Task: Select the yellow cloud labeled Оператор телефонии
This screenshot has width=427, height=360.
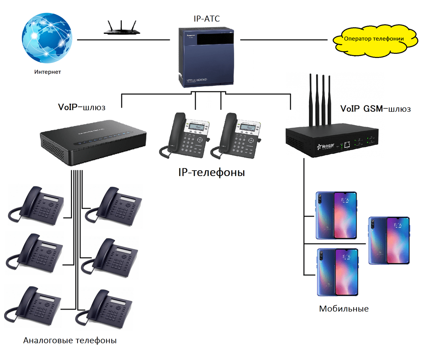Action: click(x=374, y=39)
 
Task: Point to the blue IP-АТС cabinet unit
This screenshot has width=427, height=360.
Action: click(x=206, y=56)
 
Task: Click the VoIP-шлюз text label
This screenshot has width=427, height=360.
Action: click(x=81, y=107)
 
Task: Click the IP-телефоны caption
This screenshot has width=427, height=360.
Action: click(x=211, y=172)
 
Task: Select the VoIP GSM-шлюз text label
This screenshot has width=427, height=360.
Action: click(x=375, y=109)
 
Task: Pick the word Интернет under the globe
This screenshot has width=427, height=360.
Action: click(x=48, y=72)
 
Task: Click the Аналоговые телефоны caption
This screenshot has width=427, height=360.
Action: click(x=70, y=340)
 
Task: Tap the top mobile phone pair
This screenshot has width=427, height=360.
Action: click(x=336, y=215)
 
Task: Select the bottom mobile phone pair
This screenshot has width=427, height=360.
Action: click(x=338, y=272)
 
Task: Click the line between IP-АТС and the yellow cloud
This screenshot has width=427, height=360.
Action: click(x=286, y=40)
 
